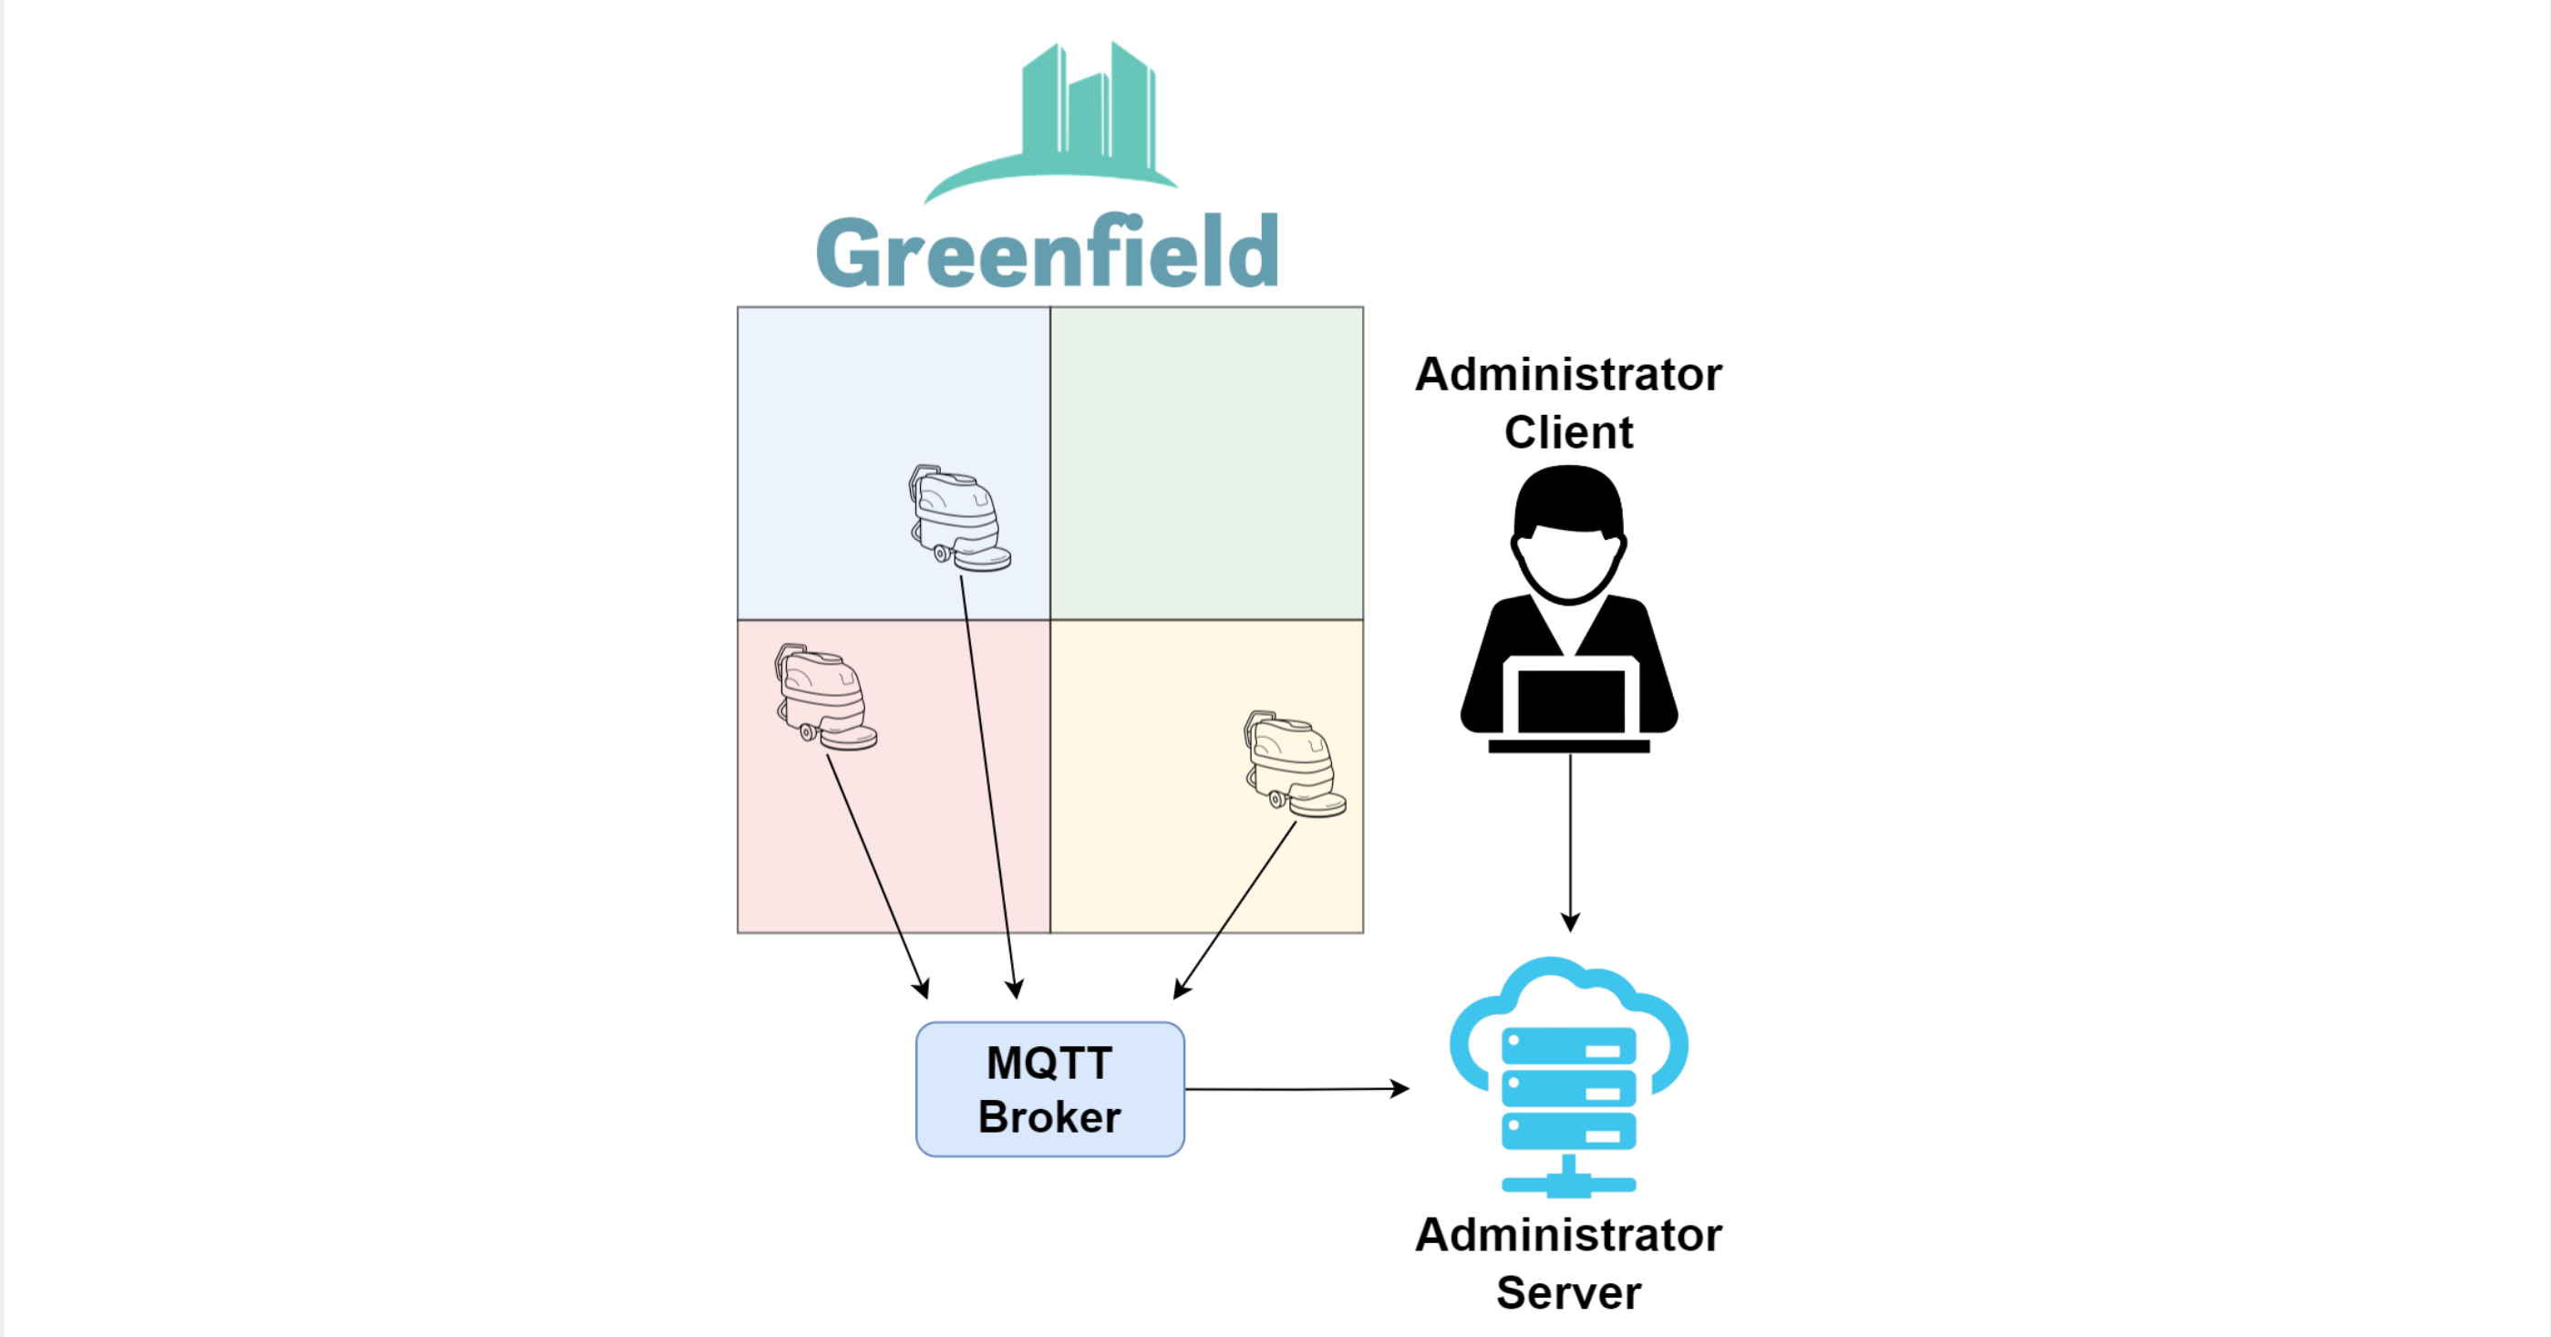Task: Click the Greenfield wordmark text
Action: [x=1047, y=253]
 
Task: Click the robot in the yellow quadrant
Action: [x=1294, y=763]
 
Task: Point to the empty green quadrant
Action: [x=1206, y=462]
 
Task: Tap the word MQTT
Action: [x=1049, y=1062]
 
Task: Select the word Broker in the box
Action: [x=1049, y=1117]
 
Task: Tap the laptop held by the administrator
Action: [x=1570, y=703]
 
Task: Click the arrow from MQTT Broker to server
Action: [x=1296, y=1088]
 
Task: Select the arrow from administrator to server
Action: [x=1571, y=842]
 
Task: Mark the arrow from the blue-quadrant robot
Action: [x=987, y=783]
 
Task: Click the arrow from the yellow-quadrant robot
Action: [x=1236, y=908]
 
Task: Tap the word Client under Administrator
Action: [x=1569, y=431]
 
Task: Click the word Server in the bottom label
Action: [x=1569, y=1292]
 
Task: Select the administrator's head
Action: [x=1569, y=534]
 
